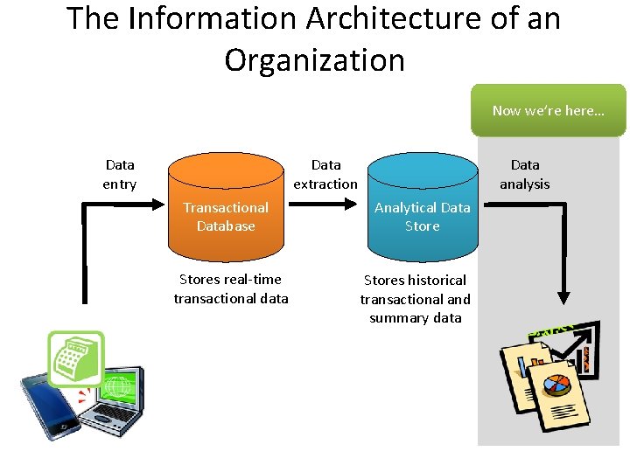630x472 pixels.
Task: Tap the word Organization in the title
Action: pyautogui.click(x=315, y=60)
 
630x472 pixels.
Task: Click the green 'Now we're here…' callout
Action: pyautogui.click(x=548, y=110)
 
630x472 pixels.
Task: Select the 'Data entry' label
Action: pyautogui.click(x=120, y=174)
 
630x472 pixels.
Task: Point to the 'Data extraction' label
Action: pyautogui.click(x=325, y=174)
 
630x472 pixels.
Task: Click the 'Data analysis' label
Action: pyautogui.click(x=525, y=174)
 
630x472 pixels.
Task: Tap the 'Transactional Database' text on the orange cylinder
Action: pyautogui.click(x=226, y=217)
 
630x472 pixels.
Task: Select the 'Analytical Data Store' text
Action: pyautogui.click(x=423, y=217)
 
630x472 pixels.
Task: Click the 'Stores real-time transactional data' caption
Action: pyautogui.click(x=231, y=289)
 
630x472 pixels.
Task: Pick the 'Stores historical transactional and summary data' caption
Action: pyautogui.click(x=416, y=299)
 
